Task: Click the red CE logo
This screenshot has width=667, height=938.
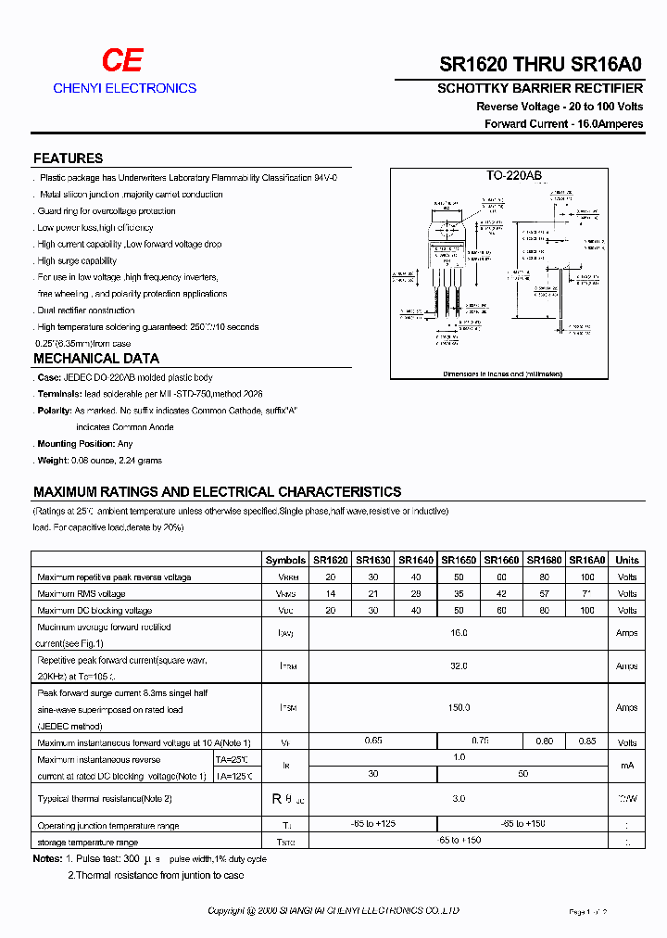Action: point(121,61)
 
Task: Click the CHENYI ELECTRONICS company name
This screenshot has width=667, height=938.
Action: point(125,88)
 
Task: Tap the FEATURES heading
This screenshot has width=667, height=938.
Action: point(68,158)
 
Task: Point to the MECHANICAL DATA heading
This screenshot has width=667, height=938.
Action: point(96,359)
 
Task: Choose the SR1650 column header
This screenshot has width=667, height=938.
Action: point(459,560)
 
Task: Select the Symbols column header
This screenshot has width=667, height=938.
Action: point(285,560)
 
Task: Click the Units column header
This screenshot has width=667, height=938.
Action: point(627,560)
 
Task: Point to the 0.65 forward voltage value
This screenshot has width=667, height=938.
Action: point(373,741)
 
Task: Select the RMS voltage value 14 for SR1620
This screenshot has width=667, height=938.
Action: point(331,593)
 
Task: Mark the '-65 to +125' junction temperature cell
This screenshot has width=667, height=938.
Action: point(373,823)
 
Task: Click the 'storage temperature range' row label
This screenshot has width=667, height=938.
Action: point(88,842)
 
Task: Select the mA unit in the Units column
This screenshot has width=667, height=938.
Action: point(627,766)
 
